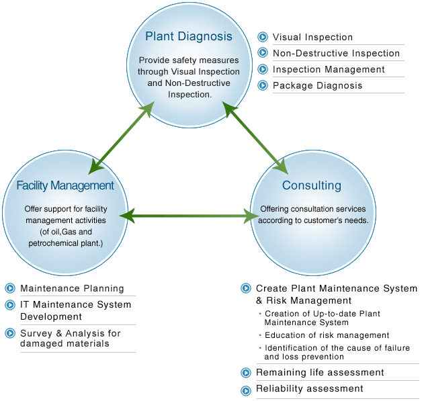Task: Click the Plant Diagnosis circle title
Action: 188,37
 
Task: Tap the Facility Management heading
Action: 65,185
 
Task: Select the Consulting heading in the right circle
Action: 311,185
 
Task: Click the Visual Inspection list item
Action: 312,37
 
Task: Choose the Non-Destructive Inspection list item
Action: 336,53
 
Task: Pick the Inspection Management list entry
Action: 329,69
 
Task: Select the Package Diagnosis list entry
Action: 317,85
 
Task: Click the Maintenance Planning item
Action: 72,288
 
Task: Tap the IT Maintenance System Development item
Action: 75,310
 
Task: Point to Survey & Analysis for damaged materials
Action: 71,338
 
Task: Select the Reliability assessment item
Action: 309,388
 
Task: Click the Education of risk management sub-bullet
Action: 327,335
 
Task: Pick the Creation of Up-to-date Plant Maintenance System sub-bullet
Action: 323,318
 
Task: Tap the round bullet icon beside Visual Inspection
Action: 263,37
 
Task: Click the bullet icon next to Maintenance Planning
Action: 10,288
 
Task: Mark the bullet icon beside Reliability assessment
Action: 246,389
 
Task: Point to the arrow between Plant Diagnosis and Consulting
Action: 255,136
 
